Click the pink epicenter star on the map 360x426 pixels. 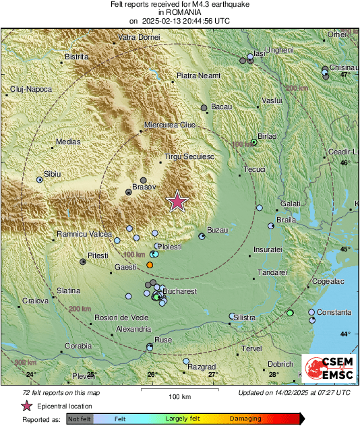177,202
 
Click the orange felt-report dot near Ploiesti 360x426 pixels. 150,266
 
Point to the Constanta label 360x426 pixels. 334,312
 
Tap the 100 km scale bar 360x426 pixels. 179,390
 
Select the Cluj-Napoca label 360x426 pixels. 31,89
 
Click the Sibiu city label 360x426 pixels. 53,174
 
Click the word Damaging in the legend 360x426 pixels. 245,419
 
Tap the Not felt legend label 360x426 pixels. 80,419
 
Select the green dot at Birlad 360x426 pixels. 254,142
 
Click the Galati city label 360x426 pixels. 290,204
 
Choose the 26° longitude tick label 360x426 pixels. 152,374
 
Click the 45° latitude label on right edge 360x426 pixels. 345,249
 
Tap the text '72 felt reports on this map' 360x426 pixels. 52,392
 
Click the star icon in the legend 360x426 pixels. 27,406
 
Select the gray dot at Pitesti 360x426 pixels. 83,262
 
